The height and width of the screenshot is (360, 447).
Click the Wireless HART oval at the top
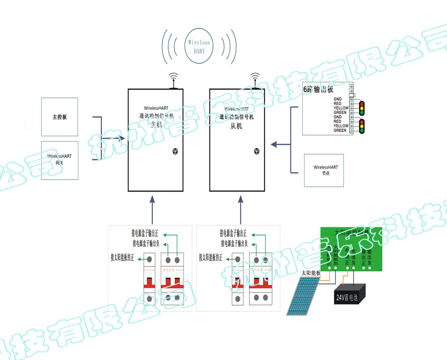coord(199,46)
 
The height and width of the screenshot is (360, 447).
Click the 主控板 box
coord(59,117)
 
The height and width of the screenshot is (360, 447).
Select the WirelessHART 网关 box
coord(59,160)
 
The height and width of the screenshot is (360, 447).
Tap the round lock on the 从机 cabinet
coord(255,152)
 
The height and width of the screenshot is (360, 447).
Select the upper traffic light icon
coord(363,108)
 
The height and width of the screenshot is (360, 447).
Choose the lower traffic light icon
coord(363,126)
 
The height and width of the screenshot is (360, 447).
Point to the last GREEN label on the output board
coord(340,130)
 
